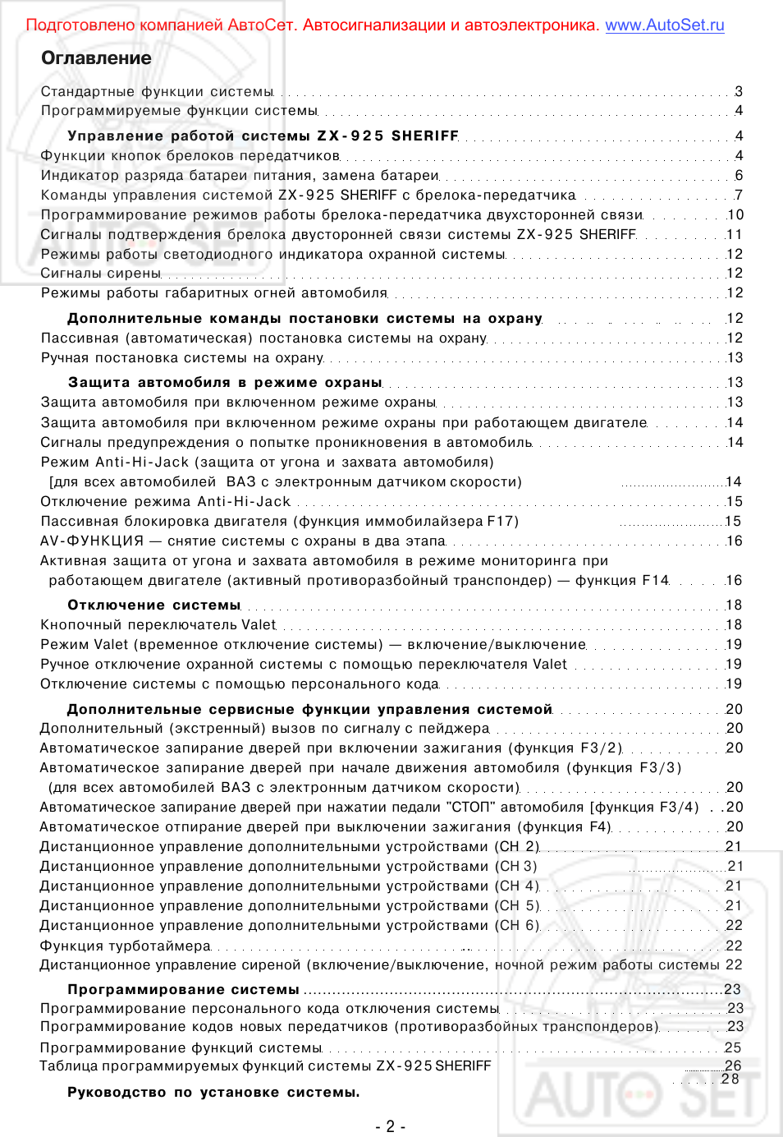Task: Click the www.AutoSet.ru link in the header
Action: pos(664,25)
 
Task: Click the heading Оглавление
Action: pos(96,58)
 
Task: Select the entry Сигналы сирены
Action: pos(101,274)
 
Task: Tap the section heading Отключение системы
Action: pos(153,605)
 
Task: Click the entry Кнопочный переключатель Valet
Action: pos(158,625)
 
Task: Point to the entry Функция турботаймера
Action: pos(126,946)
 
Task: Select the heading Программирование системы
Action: pos(183,990)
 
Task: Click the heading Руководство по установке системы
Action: pos(213,1093)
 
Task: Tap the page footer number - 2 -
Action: pos(391,1126)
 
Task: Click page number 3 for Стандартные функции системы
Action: pos(739,92)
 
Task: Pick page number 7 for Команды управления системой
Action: pos(739,196)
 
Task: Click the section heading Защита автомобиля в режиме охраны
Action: pos(225,383)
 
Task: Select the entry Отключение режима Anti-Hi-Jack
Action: pos(165,502)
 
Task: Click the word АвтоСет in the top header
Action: pos(260,25)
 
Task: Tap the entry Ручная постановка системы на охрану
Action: pos(181,358)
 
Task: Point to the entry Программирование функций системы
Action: pos(181,1048)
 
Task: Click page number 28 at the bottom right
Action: pos(730,1079)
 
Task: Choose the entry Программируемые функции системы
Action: pos(179,111)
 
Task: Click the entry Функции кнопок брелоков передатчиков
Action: pos(190,156)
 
